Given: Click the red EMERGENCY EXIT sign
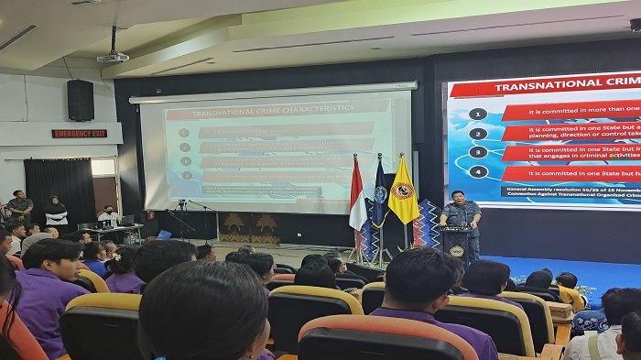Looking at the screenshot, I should pos(79,134).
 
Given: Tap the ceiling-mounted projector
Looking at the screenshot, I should pos(113,57).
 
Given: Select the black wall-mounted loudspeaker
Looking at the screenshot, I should pos(81,100).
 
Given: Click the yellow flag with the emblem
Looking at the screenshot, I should pos(403,192).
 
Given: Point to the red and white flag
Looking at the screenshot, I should pos(357,197).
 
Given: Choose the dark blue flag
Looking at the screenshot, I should pos(378,197).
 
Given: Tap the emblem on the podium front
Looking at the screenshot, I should pos(456,250).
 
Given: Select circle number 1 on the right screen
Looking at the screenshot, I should pos(477,115).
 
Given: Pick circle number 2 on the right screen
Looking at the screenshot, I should pos(477,134).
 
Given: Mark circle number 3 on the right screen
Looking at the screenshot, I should pos(477,152).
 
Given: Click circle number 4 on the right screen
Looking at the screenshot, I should pos(477,171).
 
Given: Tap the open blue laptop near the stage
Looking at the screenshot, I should pos(164,235).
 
